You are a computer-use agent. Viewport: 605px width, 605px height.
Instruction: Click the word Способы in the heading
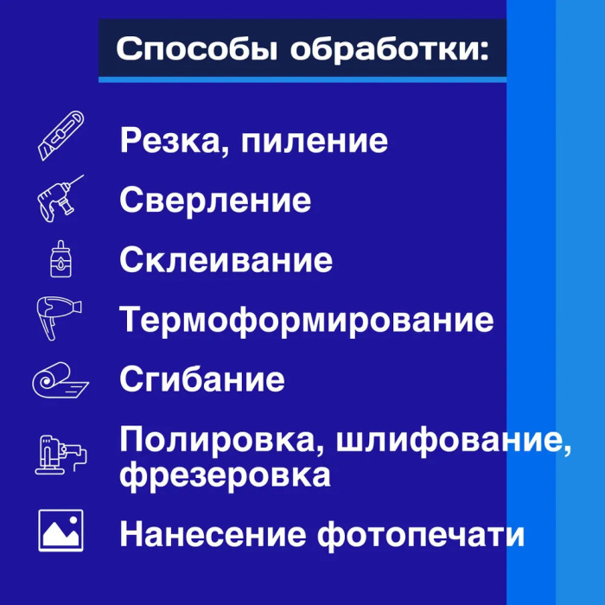click(x=197, y=49)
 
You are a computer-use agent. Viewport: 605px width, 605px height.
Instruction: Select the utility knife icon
click(x=61, y=136)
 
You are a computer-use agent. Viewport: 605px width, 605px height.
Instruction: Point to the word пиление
click(x=314, y=141)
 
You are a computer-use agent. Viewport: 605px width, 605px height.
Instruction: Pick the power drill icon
click(x=60, y=198)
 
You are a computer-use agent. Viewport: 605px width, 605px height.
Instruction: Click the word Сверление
click(x=215, y=200)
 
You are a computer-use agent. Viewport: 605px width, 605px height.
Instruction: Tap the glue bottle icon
click(x=61, y=258)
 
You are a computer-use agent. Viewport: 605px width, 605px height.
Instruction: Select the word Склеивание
click(x=226, y=260)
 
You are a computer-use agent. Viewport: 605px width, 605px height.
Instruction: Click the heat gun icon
click(x=59, y=318)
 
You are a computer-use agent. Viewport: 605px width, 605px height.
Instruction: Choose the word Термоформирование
click(x=306, y=320)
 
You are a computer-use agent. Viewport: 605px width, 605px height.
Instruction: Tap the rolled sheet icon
click(x=60, y=379)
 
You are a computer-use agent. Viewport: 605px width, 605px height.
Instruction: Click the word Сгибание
click(x=202, y=379)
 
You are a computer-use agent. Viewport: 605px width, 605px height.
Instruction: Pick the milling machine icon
click(x=61, y=455)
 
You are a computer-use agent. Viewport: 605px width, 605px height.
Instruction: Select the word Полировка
click(x=218, y=441)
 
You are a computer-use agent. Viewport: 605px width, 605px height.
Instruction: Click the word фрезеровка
click(x=225, y=474)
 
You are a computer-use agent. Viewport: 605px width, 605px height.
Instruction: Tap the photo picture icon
click(x=61, y=531)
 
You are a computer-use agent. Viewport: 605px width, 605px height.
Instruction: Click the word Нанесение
click(x=213, y=534)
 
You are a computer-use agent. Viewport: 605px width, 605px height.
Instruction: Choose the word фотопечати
click(x=421, y=535)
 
